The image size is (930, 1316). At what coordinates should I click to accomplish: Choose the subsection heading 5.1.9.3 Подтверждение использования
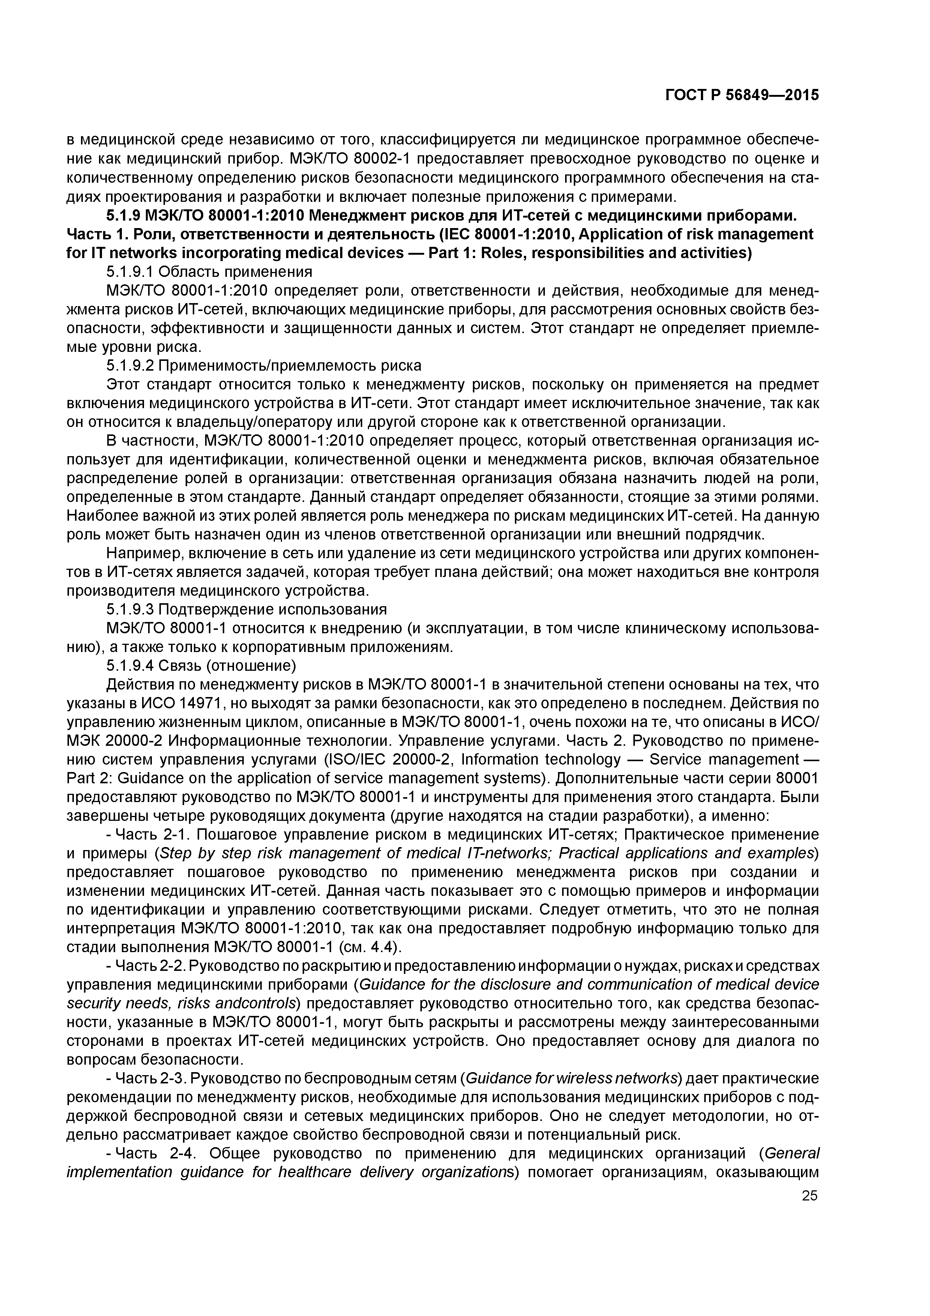click(246, 609)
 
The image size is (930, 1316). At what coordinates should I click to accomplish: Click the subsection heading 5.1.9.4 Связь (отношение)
click(201, 665)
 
